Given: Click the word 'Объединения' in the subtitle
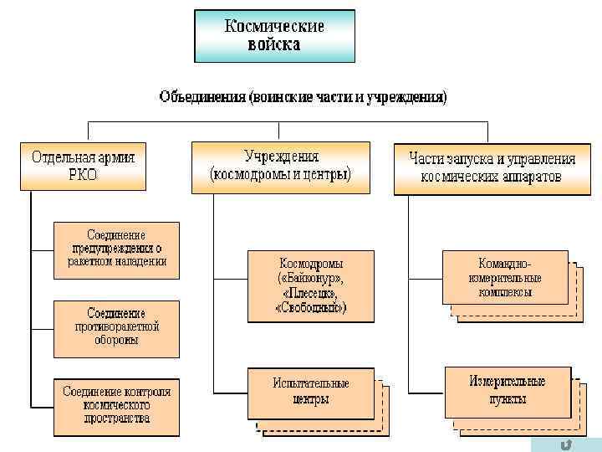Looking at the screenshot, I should [202, 98].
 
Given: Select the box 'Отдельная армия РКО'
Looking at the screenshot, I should [83, 166].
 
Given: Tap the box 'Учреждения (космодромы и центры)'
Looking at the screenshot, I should [280, 166].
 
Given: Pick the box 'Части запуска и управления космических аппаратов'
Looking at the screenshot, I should [486, 167].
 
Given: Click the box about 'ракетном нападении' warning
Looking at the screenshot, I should [116, 248].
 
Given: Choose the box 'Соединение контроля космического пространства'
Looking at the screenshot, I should [116, 405].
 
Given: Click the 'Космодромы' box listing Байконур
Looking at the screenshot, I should [310, 285].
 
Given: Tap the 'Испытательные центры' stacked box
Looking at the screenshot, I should [310, 392].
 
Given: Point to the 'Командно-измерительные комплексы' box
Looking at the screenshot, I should [505, 277].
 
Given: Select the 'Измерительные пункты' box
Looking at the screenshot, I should [507, 390].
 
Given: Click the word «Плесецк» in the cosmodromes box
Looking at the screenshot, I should [310, 293].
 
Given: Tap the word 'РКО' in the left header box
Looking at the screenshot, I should [83, 175].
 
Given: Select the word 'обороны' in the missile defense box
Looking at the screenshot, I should [116, 341].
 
